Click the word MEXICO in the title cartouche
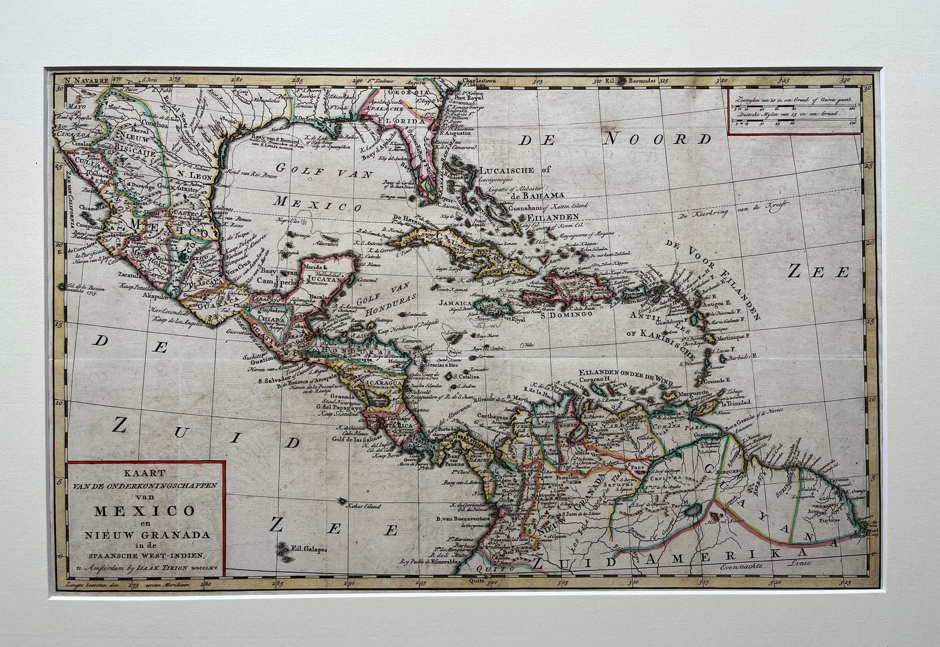coord(145,511)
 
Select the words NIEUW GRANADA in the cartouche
coord(145,534)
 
